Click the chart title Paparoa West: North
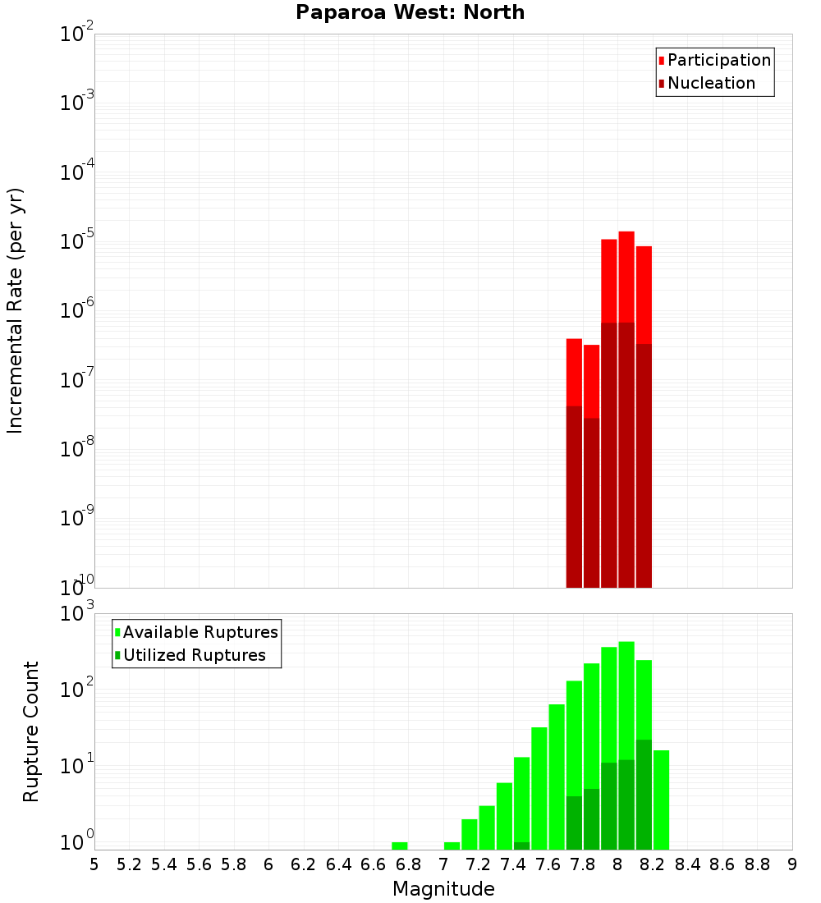(410, 12)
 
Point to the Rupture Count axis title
(31, 731)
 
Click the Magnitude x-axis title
(443, 888)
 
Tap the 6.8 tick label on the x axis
(408, 864)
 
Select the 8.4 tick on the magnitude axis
(687, 864)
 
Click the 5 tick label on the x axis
(94, 864)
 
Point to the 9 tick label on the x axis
(792, 864)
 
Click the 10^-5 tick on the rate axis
(76, 242)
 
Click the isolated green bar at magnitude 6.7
(400, 846)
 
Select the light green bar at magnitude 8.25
(661, 800)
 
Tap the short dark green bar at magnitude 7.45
(521, 846)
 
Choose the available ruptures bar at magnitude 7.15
(470, 834)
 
